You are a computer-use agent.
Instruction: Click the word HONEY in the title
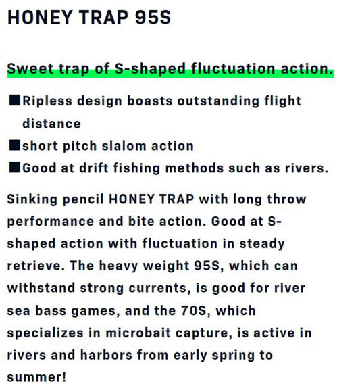(40, 18)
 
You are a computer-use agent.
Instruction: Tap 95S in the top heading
(153, 18)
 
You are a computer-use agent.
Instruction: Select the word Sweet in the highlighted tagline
(30, 69)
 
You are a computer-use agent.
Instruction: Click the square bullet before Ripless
(15, 101)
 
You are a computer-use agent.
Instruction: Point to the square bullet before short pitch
(15, 145)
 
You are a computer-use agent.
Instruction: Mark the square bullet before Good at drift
(15, 168)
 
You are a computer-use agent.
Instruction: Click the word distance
(52, 124)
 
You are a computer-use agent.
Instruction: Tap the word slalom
(124, 146)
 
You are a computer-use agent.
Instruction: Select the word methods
(195, 168)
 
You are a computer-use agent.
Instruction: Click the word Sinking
(32, 199)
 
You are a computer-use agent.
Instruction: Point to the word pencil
(83, 199)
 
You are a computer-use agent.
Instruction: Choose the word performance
(51, 222)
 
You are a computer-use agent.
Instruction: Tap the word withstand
(41, 288)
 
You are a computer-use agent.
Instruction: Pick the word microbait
(138, 333)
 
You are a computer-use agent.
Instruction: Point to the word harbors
(106, 355)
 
